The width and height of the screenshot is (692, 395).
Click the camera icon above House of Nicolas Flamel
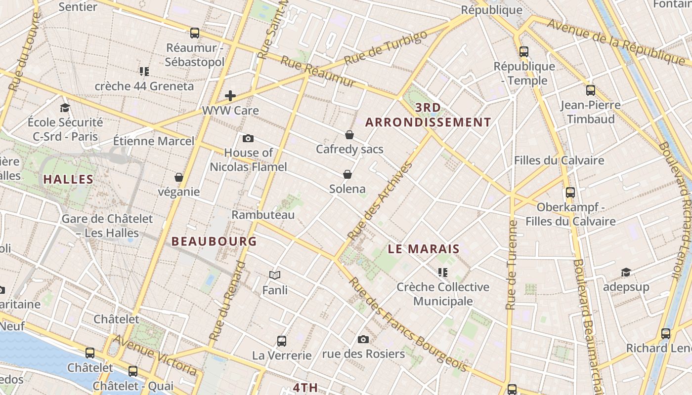tap(248, 138)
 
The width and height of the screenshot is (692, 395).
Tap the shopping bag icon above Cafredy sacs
tap(349, 135)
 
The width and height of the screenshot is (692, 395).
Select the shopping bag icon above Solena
tap(347, 174)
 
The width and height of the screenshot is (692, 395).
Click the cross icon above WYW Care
tap(230, 96)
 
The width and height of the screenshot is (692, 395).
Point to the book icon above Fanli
tap(275, 275)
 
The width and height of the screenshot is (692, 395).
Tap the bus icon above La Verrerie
tap(282, 341)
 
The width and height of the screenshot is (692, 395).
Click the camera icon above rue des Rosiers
tap(363, 339)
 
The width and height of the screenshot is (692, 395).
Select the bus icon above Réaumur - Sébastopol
tap(195, 33)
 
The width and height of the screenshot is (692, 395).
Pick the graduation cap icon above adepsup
tap(626, 272)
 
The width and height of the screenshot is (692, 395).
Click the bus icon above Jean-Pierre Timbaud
tap(591, 90)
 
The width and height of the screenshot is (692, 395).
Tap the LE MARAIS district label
tap(424, 249)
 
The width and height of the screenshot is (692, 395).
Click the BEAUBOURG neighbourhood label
tap(214, 241)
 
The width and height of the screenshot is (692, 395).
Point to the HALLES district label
tap(68, 179)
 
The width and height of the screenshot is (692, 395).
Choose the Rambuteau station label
tap(263, 215)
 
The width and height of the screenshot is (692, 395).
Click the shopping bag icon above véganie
tap(179, 177)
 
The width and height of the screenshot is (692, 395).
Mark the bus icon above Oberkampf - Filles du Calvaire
tap(570, 193)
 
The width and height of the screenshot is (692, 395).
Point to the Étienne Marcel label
tap(154, 141)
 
